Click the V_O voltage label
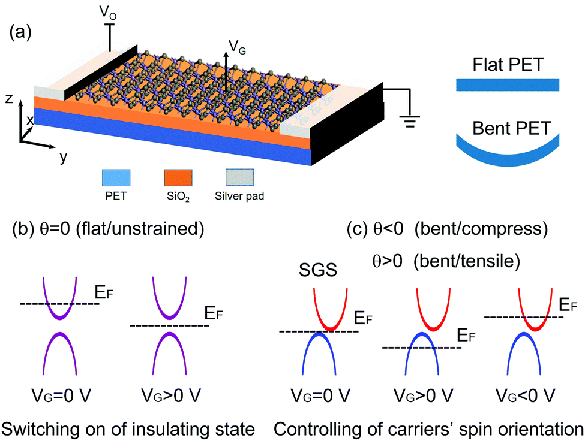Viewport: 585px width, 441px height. tap(108, 13)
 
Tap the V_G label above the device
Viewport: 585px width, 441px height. tap(237, 47)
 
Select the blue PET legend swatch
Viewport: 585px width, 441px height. tap(116, 178)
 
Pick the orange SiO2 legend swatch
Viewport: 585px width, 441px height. tap(178, 178)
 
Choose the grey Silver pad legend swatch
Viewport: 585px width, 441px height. tap(239, 178)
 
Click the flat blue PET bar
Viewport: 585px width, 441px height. tap(508, 85)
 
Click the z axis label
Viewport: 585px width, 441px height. tap(10, 99)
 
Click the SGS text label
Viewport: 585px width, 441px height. tap(318, 270)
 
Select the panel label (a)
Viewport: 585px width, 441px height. tap(20, 33)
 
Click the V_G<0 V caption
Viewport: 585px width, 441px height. tap(526, 395)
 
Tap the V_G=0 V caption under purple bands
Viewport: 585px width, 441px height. tap(61, 395)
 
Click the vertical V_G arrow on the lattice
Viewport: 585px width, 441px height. tap(226, 71)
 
